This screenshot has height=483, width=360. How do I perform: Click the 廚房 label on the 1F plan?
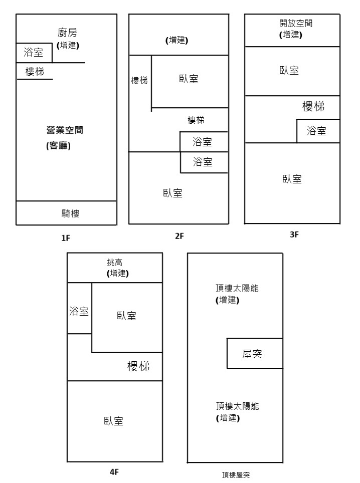coord(68,33)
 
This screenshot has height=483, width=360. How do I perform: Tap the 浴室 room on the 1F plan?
coord(34,52)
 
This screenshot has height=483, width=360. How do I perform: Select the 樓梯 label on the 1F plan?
coord(35,72)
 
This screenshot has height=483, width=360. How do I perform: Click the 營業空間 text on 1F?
coord(65,130)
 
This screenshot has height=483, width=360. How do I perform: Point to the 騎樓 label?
coord(67,213)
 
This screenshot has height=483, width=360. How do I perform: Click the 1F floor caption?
coord(65,238)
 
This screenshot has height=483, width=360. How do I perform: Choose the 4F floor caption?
coord(114,472)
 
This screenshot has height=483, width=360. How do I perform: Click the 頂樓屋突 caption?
coord(235,474)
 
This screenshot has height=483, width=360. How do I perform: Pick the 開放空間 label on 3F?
coord(293,23)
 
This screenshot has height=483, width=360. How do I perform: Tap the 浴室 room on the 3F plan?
coord(317,131)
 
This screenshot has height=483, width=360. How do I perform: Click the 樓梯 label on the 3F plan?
coord(313,106)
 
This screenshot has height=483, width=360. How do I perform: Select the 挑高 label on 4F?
coord(114,263)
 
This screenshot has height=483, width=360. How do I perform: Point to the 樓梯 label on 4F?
coord(138,366)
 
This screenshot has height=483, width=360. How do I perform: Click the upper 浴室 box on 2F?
coord(203,142)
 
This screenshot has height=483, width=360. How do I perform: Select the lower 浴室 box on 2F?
coord(203,162)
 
